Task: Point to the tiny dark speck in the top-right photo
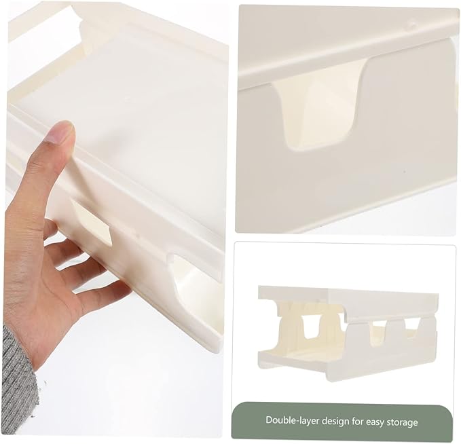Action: click(405, 170)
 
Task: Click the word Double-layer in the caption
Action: click(292, 420)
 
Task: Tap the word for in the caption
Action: click(358, 421)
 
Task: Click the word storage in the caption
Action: click(403, 422)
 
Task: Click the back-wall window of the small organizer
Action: click(311, 327)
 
